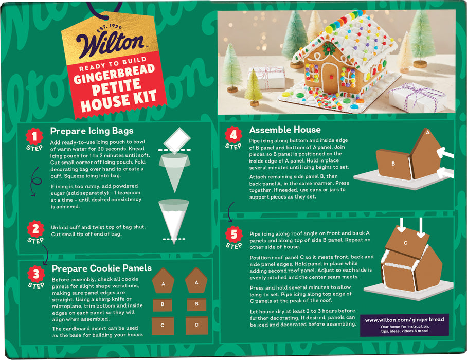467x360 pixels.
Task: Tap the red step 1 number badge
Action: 34,136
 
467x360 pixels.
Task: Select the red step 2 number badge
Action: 35,229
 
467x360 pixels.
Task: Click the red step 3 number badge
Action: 35,273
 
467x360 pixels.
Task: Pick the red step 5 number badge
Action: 233,235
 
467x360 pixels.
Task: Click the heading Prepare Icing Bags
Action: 92,131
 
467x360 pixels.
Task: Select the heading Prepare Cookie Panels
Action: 101,268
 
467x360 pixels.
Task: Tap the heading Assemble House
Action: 284,130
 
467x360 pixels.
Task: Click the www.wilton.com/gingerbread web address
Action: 404,319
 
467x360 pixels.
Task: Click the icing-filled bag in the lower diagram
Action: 174,219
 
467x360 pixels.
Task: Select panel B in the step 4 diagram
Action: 393,164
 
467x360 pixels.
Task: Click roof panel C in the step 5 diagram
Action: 406,242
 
